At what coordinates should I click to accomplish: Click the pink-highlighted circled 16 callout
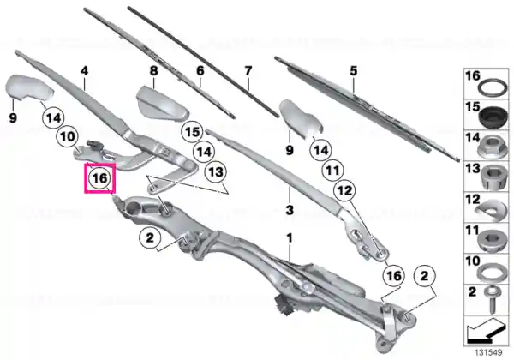point(100,178)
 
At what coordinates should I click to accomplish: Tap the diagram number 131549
point(488,353)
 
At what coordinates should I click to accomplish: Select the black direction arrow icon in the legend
point(486,331)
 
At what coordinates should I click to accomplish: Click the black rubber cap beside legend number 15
point(493,117)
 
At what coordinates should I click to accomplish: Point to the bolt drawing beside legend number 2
point(492,300)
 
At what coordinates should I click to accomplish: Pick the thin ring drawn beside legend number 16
point(492,87)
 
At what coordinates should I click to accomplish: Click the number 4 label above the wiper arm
point(85,71)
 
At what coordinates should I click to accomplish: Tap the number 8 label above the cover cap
point(153,70)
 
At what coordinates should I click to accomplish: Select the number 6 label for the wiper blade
point(200,70)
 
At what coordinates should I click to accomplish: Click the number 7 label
point(248,70)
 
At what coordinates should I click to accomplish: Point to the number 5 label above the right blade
point(353,70)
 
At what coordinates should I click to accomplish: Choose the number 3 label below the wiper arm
point(290,210)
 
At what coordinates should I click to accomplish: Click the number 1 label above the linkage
point(290,238)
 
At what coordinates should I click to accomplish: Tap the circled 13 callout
point(216,171)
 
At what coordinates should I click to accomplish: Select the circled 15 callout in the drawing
point(193,132)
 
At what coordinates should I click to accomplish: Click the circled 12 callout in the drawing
point(344,190)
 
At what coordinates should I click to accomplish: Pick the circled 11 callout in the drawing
point(332,171)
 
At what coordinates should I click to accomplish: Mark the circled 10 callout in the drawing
point(67,136)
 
